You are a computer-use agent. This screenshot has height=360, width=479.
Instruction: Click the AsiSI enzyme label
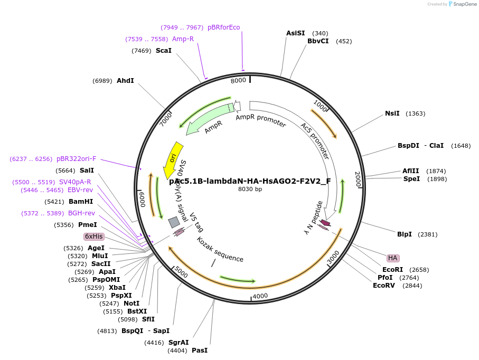295,33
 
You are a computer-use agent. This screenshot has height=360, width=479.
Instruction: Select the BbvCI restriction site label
318,41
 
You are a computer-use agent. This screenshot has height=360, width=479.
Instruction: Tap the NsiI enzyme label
392,113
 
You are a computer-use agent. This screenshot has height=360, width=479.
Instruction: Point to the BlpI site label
404,234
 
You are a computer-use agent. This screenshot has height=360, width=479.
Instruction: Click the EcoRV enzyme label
383,286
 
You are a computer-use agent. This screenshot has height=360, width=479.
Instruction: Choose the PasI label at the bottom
200,350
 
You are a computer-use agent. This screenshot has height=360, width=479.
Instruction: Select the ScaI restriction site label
163,50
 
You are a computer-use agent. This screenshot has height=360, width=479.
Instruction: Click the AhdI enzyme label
125,80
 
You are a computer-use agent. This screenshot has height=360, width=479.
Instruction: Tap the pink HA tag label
392,258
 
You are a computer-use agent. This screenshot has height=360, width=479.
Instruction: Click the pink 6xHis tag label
93,236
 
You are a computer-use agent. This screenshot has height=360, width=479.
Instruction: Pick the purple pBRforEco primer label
223,27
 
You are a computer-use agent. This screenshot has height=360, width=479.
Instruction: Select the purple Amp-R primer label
183,39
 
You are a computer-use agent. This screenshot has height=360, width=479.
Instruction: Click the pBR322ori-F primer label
76,158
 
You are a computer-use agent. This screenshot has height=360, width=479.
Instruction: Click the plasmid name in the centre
250,181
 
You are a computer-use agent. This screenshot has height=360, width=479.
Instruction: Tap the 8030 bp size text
250,189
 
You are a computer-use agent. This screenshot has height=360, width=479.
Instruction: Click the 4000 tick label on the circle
260,296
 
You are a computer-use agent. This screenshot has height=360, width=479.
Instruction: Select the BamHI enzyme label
80,201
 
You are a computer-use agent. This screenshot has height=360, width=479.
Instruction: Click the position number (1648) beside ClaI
461,145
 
